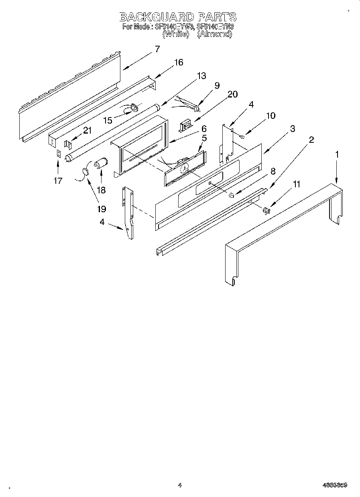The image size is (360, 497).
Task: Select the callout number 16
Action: (178, 62)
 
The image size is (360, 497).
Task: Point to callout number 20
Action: (232, 94)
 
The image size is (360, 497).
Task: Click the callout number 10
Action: (271, 116)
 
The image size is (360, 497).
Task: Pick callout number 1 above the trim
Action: (337, 154)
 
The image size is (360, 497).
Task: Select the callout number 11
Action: (297, 184)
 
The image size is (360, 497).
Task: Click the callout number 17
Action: (58, 181)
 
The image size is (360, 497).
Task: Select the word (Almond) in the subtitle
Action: (215, 34)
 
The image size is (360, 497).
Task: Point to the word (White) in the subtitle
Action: (175, 34)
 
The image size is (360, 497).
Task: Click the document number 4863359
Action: (334, 485)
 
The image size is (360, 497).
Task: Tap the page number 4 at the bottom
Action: (180, 485)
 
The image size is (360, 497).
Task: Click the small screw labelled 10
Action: (242, 137)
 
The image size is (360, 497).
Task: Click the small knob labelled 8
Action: (232, 195)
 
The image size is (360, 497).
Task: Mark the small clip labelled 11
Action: (266, 209)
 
